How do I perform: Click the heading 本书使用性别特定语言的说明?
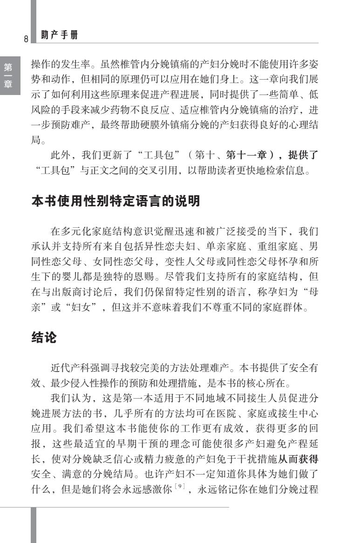point(115,201)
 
